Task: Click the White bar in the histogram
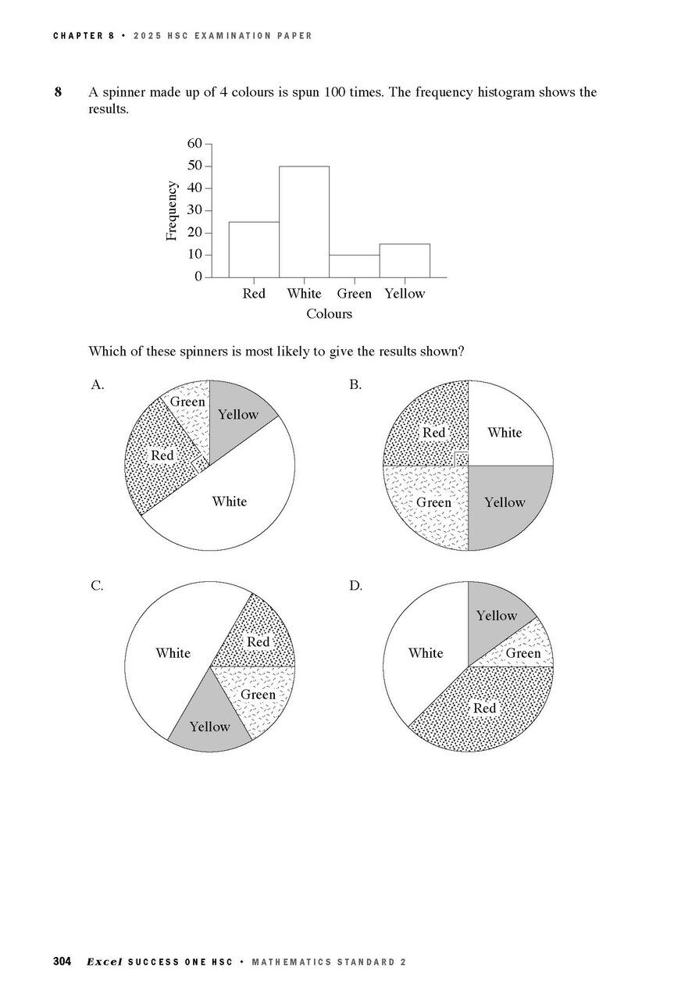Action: (304, 222)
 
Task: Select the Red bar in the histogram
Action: (254, 250)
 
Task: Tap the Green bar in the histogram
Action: (355, 266)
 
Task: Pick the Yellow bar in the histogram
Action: (405, 261)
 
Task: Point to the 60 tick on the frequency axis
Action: (194, 144)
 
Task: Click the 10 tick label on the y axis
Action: (194, 255)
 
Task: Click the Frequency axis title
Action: (173, 210)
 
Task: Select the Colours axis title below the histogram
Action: (329, 314)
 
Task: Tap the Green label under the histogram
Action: (355, 294)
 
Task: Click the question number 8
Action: (58, 92)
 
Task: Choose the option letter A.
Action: (98, 384)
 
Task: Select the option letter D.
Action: (356, 585)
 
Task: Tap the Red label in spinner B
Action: (433, 432)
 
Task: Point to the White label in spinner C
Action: (173, 653)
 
